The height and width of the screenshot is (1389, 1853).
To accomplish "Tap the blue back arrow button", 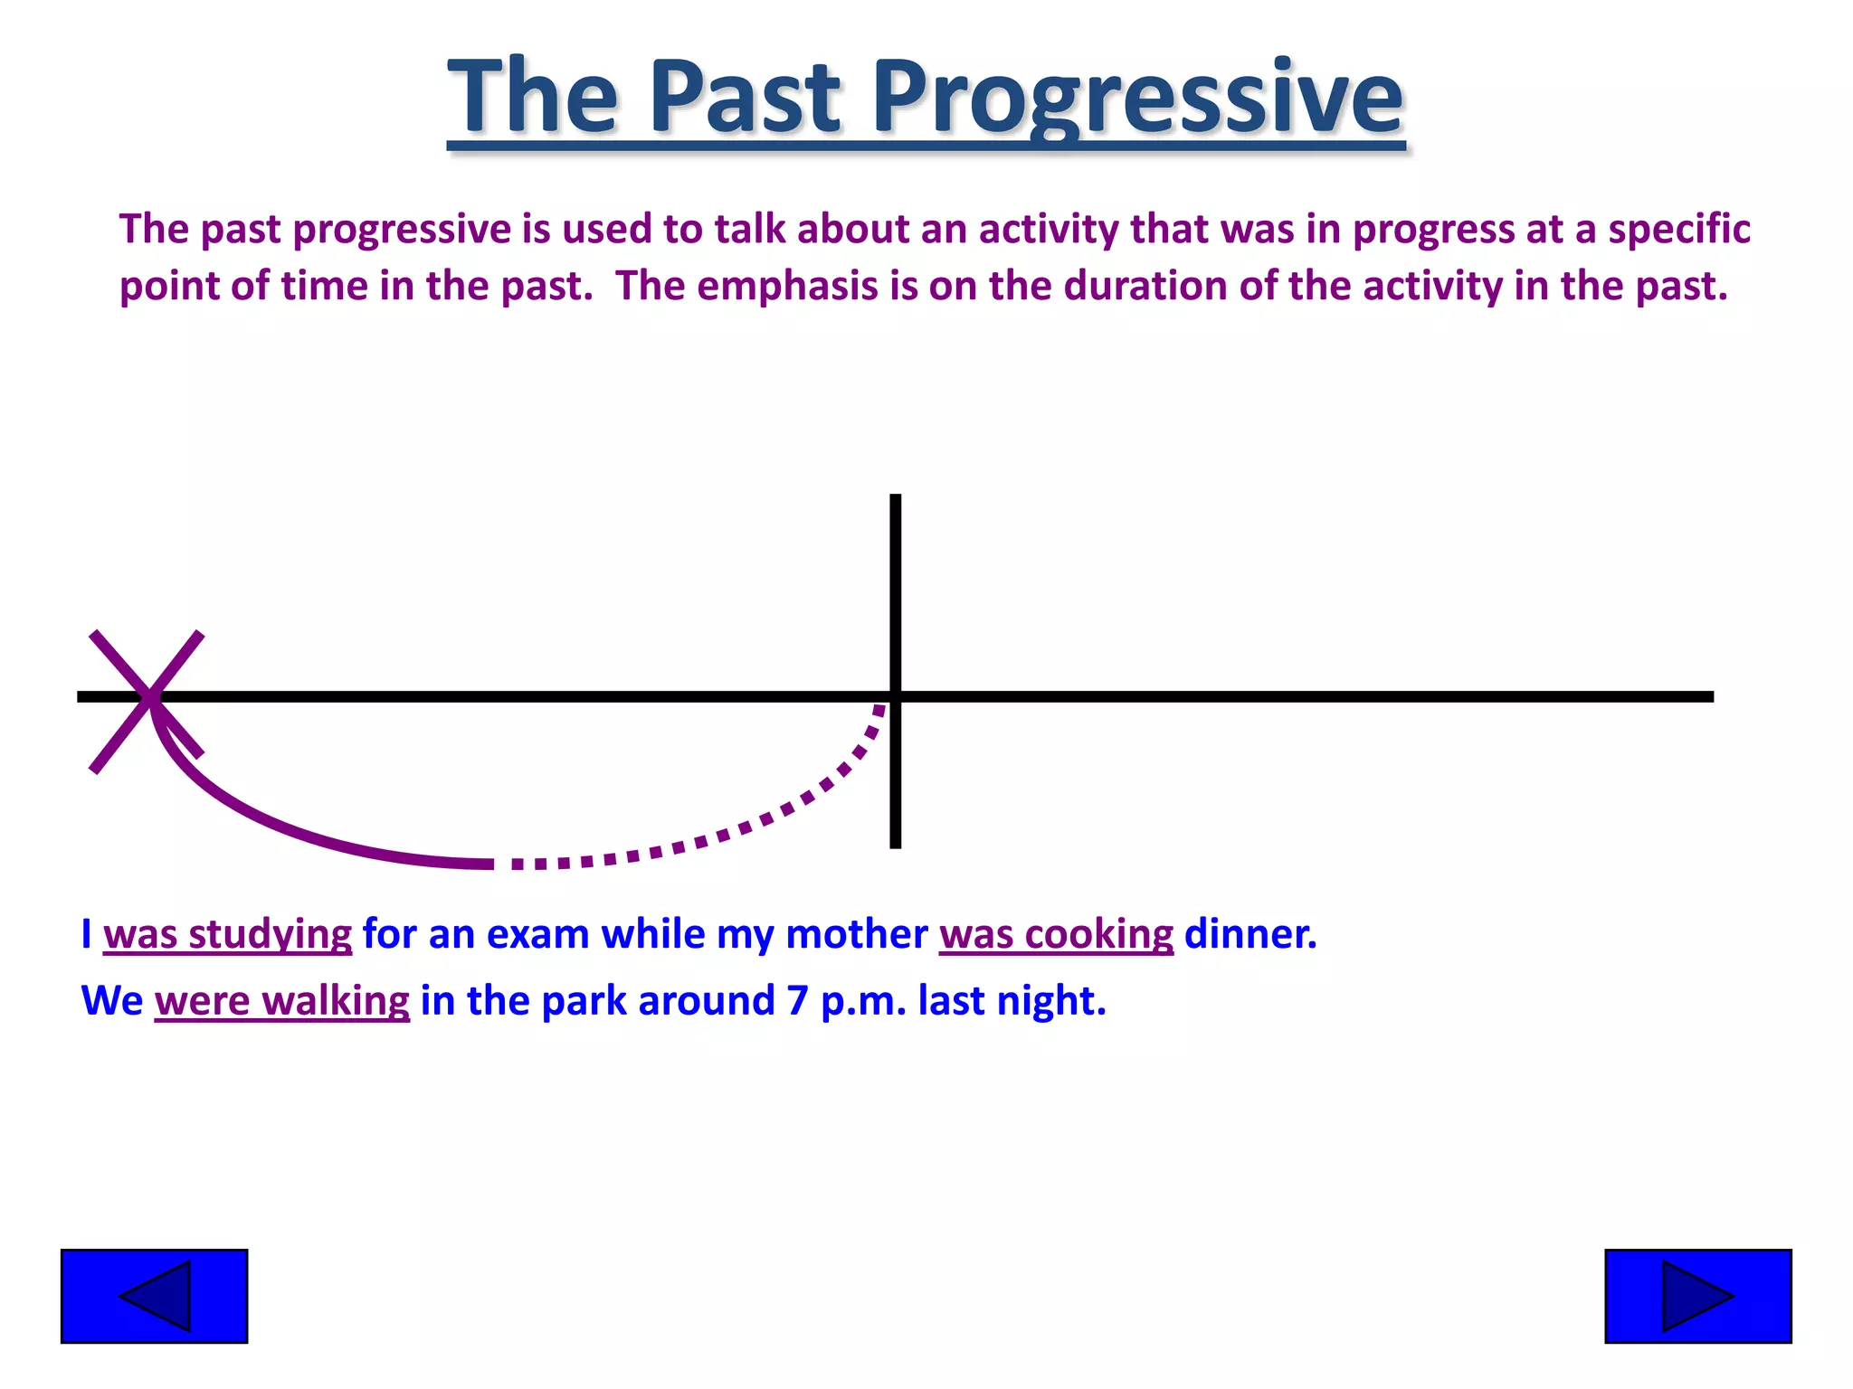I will (154, 1296).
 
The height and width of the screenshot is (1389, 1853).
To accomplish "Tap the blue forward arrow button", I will (1697, 1296).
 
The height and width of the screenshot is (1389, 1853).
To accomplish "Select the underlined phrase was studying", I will (227, 934).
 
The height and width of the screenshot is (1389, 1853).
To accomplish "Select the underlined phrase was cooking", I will (1056, 934).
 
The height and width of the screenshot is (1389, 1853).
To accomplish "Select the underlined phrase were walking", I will (281, 1001).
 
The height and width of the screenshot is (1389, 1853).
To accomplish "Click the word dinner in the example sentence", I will (1250, 934).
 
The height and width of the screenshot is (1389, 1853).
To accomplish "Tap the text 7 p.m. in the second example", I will (845, 1001).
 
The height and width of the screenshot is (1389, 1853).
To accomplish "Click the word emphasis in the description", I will (787, 287).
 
